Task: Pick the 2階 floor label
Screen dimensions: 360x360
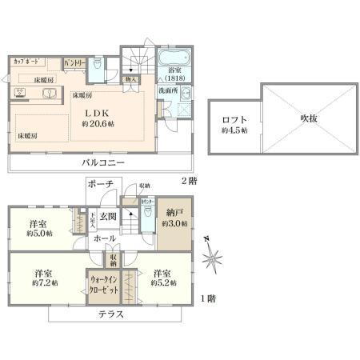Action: click(187, 180)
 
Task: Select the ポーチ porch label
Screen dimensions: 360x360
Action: click(102, 184)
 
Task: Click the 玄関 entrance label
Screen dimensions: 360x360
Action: click(107, 217)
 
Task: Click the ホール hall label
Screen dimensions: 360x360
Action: click(102, 238)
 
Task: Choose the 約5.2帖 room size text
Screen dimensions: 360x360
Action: click(162, 283)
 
